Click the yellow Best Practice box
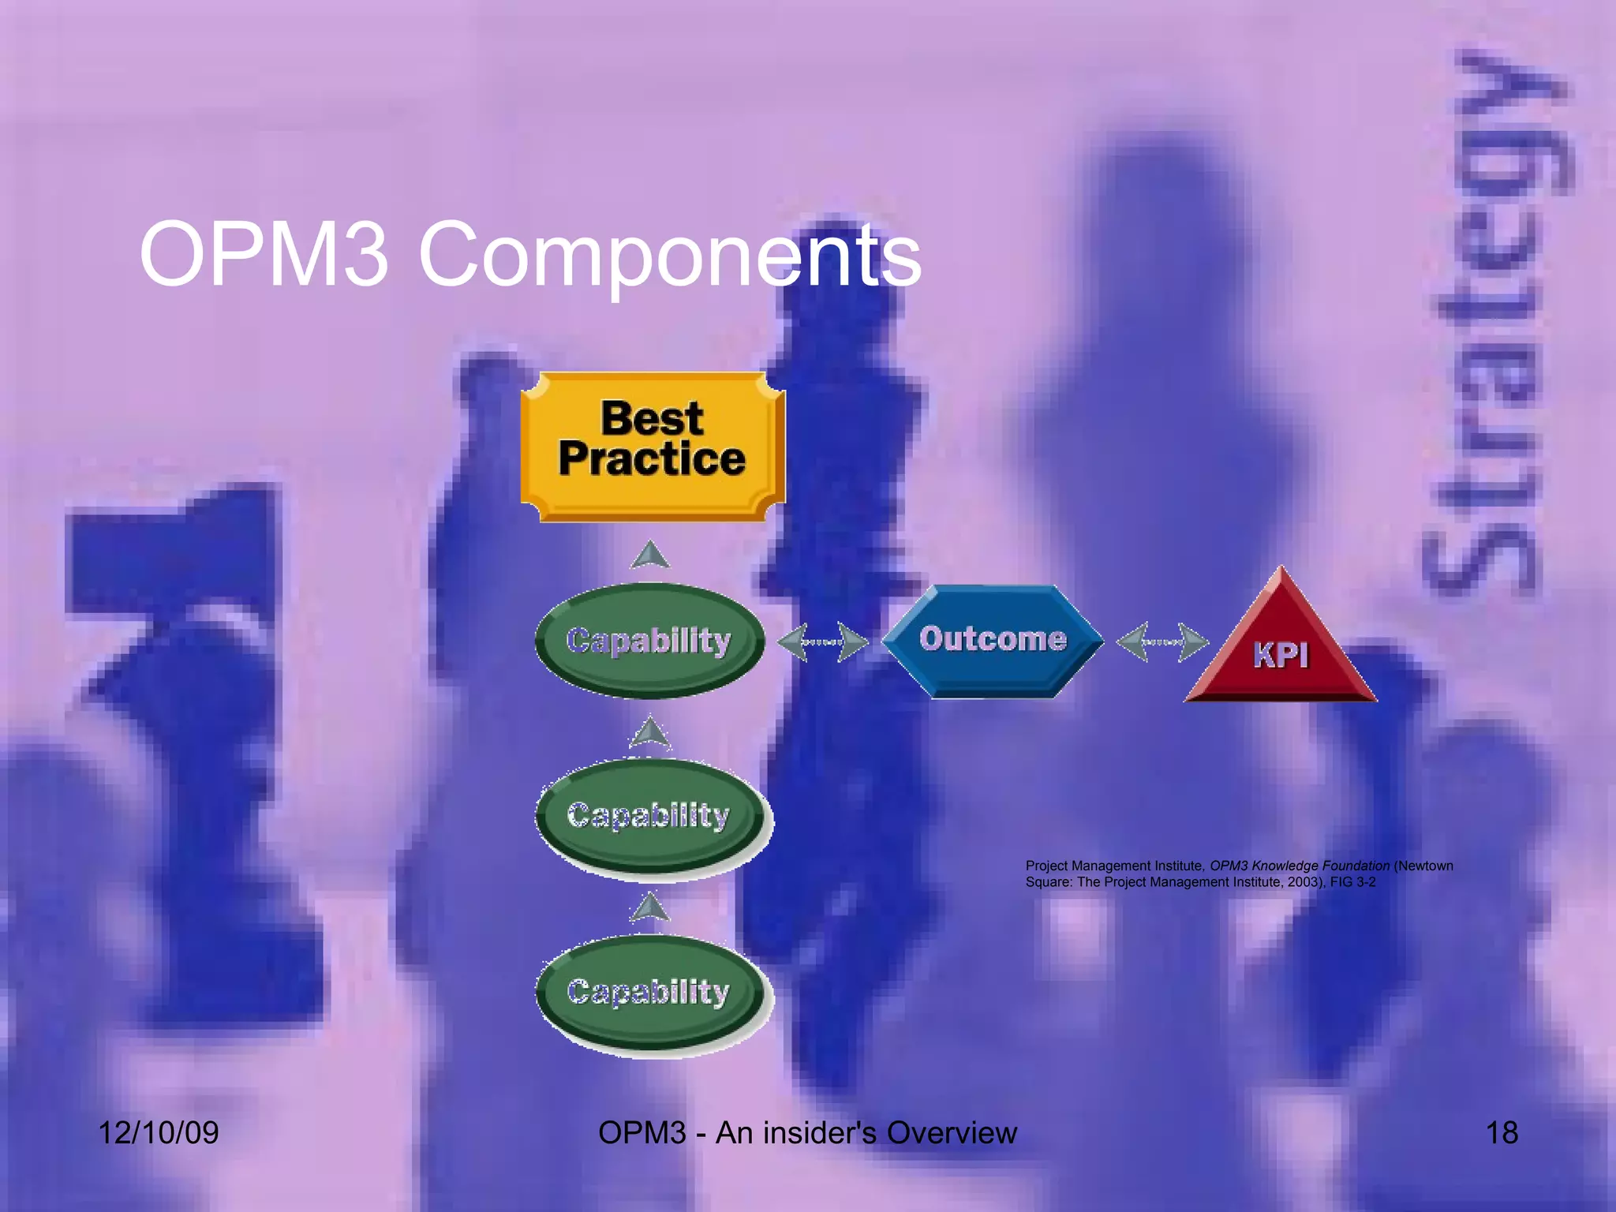click(x=652, y=447)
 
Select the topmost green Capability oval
click(x=649, y=641)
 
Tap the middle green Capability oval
click(x=649, y=817)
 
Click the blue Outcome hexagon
click(x=992, y=641)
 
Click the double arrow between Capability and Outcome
click(x=822, y=642)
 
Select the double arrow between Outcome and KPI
click(x=1161, y=642)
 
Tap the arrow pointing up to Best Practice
click(x=650, y=555)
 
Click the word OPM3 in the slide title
click(x=264, y=255)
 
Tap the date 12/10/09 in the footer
click(x=159, y=1133)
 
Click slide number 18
click(x=1502, y=1133)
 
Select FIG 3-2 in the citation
click(x=1352, y=882)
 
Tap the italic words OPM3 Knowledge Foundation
click(x=1299, y=866)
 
